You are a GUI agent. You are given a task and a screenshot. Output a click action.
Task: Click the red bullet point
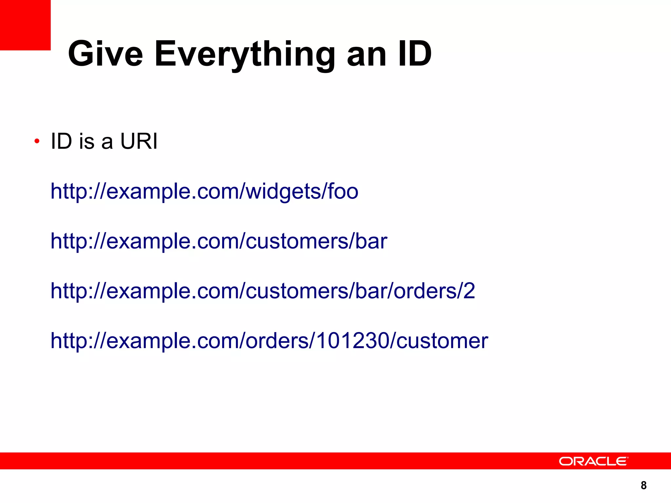37,141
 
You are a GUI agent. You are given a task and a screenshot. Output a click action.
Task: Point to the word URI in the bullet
139,141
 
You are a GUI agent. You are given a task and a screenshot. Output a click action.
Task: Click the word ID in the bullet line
61,141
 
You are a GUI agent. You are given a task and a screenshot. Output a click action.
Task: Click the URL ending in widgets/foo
204,191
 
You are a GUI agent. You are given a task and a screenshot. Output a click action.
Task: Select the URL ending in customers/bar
219,241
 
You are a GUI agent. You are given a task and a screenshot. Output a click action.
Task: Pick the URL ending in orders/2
263,291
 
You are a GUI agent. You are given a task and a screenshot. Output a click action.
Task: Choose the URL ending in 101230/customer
269,341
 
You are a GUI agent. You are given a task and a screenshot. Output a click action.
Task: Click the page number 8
643,485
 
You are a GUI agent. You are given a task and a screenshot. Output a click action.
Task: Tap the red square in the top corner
25,25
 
